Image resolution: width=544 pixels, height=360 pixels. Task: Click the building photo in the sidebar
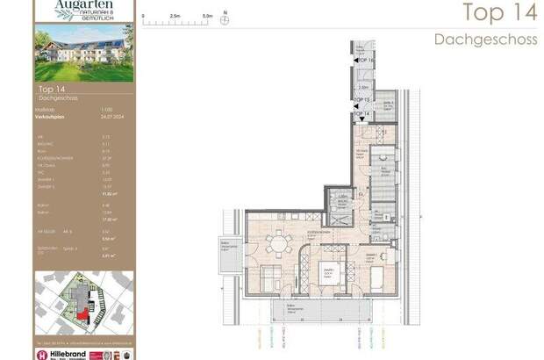click(x=85, y=53)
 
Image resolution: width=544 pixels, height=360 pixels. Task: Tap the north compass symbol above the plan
click(x=225, y=19)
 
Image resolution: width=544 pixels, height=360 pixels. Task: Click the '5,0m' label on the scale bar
click(x=207, y=15)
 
